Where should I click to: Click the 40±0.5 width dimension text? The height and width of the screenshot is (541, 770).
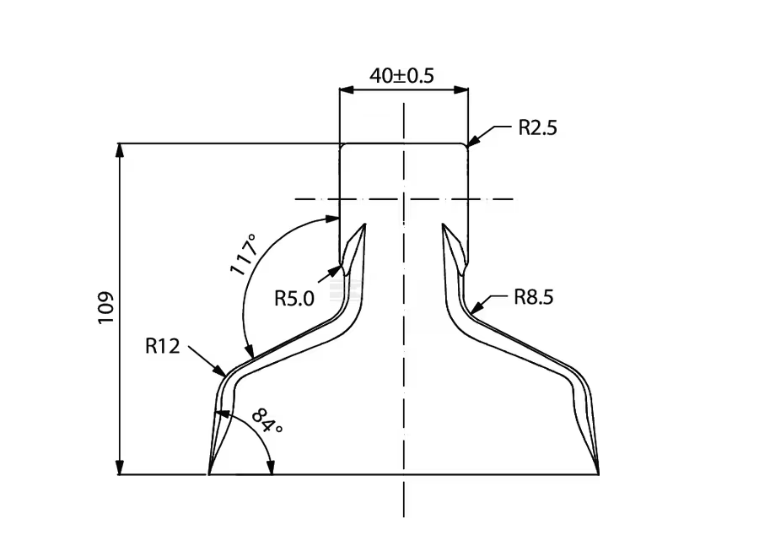click(401, 75)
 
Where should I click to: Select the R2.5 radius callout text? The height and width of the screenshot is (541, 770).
click(537, 128)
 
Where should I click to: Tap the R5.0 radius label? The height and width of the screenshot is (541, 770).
click(294, 297)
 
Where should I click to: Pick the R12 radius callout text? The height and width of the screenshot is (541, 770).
click(162, 345)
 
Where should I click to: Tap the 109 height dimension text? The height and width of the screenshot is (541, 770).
click(105, 310)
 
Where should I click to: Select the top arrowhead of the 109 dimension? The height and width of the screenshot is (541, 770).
click(121, 149)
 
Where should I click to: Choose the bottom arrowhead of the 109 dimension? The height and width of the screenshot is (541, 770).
click(121, 469)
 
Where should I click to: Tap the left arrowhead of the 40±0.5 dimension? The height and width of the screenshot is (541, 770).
click(344, 89)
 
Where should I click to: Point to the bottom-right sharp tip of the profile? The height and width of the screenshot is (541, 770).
click(598, 473)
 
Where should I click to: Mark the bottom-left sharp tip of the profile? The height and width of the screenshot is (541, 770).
click(209, 473)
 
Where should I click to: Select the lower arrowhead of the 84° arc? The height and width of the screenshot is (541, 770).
click(271, 469)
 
